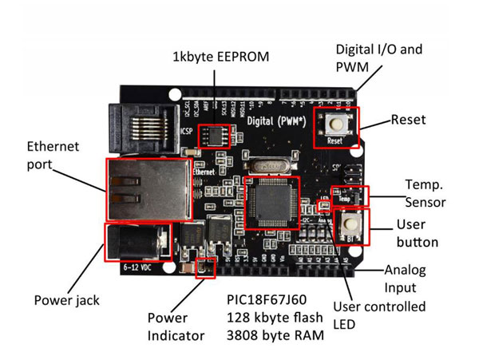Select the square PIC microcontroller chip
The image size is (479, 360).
pos(271,203)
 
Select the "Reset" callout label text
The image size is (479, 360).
pos(409,120)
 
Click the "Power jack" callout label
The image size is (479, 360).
pos(65,300)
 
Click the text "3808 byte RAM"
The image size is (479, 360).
pos(275,337)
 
